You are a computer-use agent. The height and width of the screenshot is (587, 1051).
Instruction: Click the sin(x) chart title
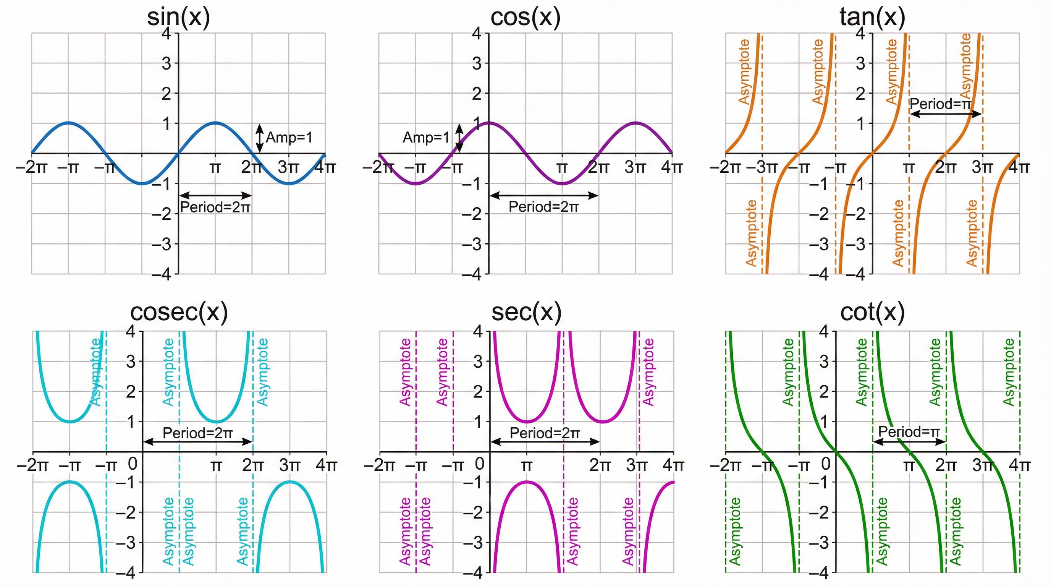(178, 18)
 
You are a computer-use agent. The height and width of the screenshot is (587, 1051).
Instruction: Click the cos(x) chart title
(525, 18)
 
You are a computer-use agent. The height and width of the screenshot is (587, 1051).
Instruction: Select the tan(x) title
(872, 18)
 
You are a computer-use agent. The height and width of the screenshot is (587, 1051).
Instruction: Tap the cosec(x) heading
(179, 312)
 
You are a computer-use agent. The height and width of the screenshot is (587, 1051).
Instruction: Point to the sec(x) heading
(526, 312)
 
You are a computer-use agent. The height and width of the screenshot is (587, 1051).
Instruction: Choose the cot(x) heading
(872, 312)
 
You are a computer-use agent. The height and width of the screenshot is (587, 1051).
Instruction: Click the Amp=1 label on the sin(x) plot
(289, 138)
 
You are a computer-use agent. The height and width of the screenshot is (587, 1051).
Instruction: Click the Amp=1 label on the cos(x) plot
(425, 138)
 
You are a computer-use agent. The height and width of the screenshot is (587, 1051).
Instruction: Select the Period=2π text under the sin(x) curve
(215, 208)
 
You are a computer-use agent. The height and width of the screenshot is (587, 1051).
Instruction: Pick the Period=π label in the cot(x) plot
(909, 431)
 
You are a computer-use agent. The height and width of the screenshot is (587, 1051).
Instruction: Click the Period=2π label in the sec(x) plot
(544, 433)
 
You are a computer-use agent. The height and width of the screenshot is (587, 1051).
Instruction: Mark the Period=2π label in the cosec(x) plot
(197, 433)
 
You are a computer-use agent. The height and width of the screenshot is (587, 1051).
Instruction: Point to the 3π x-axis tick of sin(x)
(288, 167)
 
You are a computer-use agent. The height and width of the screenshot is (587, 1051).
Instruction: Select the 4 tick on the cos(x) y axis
(477, 34)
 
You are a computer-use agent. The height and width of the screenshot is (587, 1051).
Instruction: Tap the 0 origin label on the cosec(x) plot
(133, 464)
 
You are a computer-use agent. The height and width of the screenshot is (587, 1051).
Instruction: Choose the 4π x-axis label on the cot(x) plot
(1019, 465)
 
